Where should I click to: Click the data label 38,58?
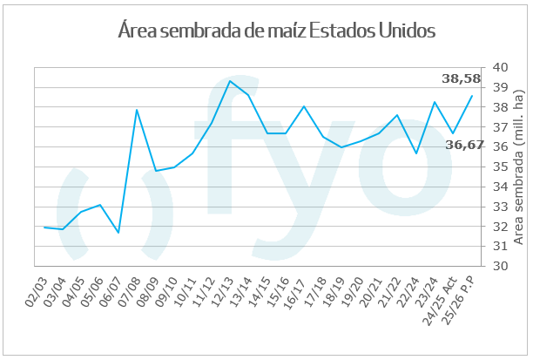point(462,79)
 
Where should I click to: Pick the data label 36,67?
point(464,145)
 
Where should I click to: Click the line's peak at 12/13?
point(230,81)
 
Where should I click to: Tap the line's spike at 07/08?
point(137,110)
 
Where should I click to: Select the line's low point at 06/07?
point(118,233)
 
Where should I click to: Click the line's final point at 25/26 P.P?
point(472,95)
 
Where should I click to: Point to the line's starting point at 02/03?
point(44,227)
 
